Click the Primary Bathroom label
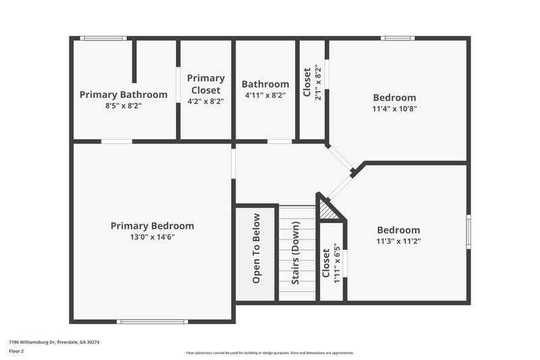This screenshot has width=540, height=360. (124, 95)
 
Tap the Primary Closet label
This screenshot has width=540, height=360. (206, 84)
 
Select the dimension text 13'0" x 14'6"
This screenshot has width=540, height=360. (152, 237)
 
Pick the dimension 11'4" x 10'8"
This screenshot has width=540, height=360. (394, 109)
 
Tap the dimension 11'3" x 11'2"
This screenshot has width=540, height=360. (398, 241)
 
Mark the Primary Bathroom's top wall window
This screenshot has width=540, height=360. (103, 38)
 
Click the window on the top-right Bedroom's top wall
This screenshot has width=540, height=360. (398, 38)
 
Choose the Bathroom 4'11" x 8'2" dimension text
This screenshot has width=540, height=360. (265, 95)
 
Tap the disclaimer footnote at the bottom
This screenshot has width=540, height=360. (270, 353)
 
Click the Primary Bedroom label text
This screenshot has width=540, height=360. (152, 226)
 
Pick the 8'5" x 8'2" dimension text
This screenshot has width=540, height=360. (124, 106)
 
